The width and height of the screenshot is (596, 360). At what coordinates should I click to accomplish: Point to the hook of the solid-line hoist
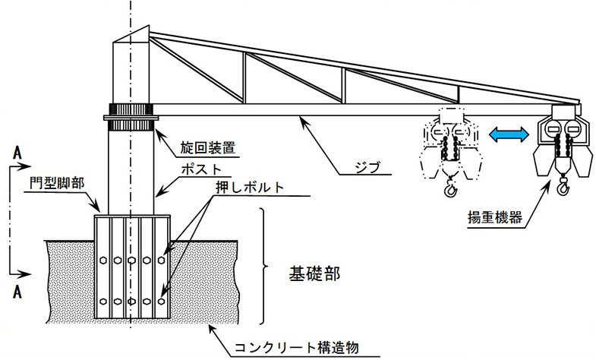coord(563,185)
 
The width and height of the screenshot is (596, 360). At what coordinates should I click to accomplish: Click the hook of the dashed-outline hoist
coord(449,185)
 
